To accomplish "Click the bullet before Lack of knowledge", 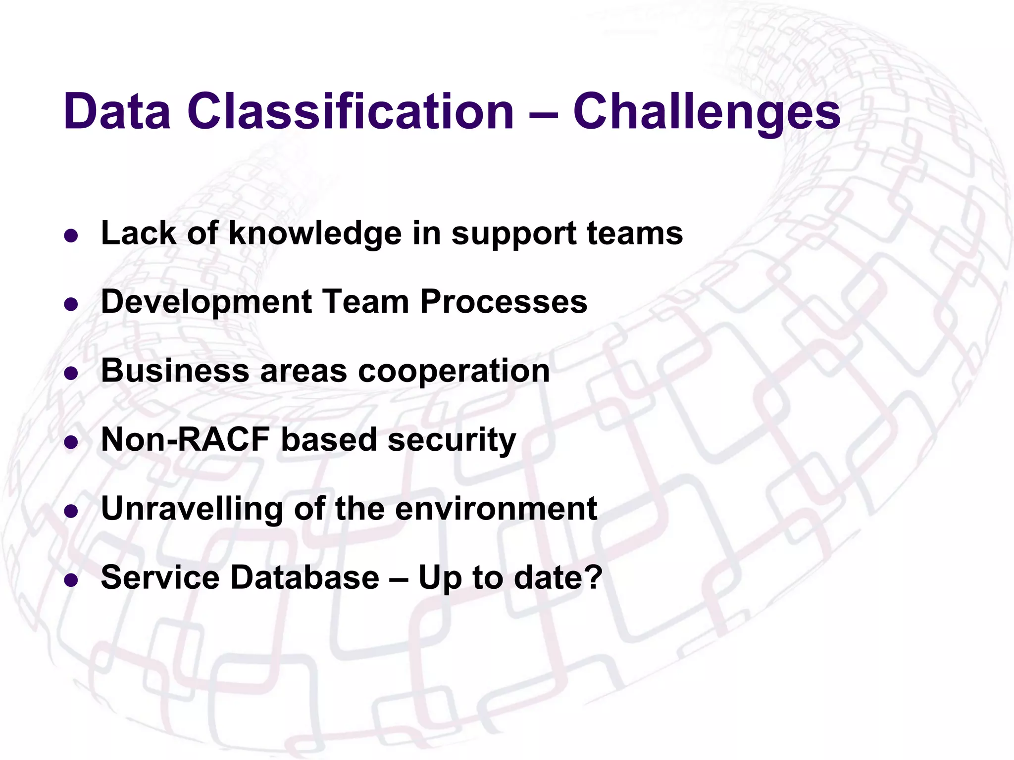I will click(71, 236).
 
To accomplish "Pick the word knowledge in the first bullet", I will click(315, 234).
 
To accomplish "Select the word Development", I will click(206, 302).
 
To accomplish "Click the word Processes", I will click(504, 301).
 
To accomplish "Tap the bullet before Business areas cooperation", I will click(71, 374).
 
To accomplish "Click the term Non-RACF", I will click(185, 439).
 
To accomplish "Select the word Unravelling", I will click(192, 509).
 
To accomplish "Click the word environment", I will click(496, 509).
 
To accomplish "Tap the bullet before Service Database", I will click(71, 580).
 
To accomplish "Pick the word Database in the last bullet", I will click(305, 577).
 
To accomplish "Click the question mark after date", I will click(593, 577).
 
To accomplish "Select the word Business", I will click(175, 371).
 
